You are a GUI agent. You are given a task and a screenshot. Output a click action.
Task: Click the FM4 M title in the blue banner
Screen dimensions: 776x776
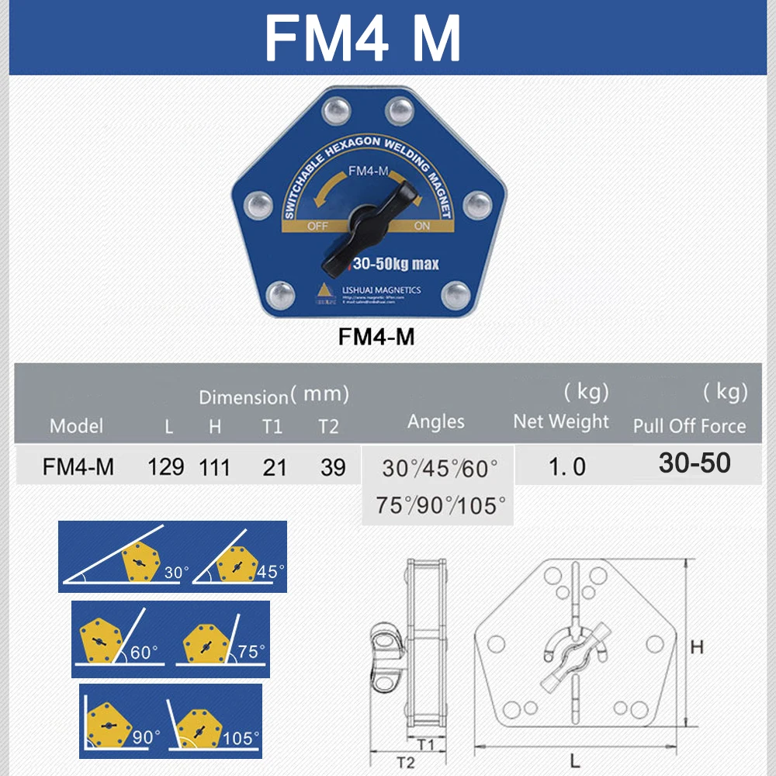coord(363,37)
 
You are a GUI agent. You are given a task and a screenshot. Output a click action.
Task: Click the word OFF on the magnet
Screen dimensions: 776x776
coord(319,227)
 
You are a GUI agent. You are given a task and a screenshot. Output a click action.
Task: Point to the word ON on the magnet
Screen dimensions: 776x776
coord(422,227)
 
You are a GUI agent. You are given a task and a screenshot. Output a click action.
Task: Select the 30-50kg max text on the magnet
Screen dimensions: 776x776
coord(396,265)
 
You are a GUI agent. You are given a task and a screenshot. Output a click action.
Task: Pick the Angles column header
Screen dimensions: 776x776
coord(435,421)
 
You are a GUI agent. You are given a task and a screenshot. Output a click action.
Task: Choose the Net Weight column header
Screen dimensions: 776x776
coord(561,421)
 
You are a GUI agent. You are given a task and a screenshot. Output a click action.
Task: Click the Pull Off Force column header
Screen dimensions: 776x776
coord(689,426)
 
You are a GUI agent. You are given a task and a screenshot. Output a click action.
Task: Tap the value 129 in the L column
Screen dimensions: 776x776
coord(165,466)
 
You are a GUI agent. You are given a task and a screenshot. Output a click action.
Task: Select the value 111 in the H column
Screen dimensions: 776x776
coord(213,466)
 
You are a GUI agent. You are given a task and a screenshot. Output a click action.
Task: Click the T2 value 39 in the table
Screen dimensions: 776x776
coord(332,466)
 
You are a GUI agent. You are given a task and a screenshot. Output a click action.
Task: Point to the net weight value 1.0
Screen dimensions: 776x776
coord(567,466)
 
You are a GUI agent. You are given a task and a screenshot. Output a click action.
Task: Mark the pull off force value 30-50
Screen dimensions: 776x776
coord(695,463)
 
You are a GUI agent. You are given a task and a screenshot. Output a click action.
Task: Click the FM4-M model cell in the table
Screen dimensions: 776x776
coord(78,466)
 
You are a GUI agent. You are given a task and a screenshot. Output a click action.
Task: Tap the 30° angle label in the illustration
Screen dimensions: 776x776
coord(176,573)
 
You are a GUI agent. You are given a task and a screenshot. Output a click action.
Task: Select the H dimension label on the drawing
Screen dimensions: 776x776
coord(697,646)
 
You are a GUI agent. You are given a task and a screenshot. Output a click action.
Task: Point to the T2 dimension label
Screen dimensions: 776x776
coord(405,762)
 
